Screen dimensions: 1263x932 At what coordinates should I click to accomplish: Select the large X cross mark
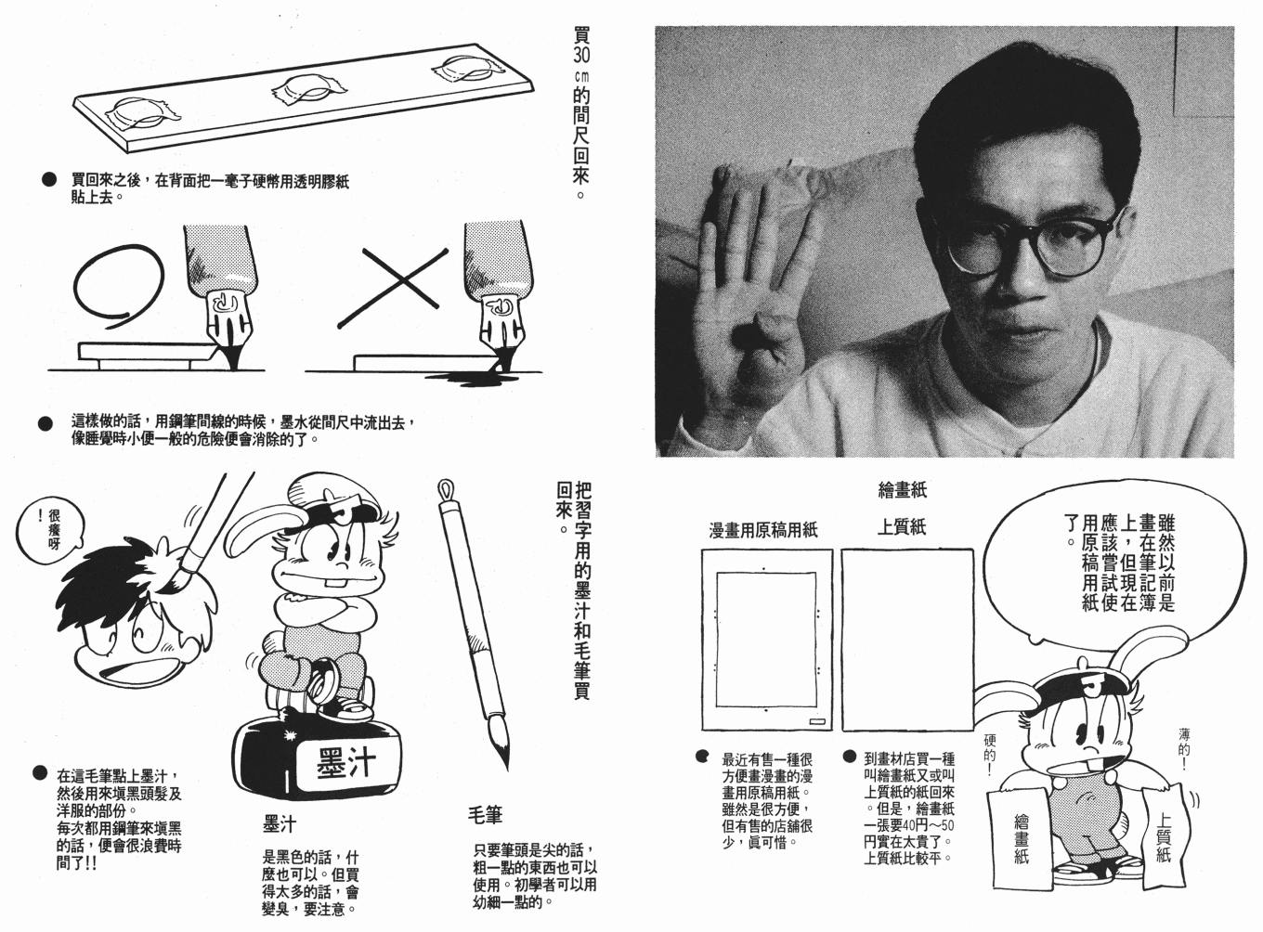tap(393, 288)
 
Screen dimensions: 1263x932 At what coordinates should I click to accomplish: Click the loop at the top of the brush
tap(445, 489)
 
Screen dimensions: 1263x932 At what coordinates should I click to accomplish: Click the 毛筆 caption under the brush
tap(485, 815)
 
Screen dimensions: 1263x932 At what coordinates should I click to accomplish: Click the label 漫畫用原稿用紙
tap(763, 531)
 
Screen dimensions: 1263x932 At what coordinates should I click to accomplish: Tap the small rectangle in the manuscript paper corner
tap(817, 721)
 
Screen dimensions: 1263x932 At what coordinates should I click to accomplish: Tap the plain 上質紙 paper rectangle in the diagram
tap(907, 640)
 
